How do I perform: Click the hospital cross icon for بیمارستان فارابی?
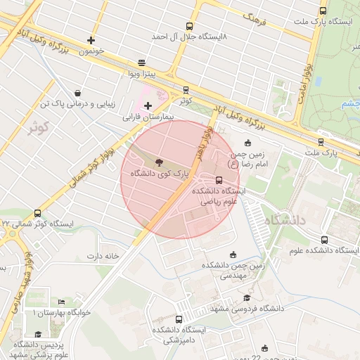(x=148, y=106)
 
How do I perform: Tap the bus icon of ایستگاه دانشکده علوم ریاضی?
(x=219, y=180)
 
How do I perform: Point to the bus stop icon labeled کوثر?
(x=186, y=90)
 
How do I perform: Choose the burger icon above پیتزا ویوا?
(x=142, y=62)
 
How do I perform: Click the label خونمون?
(x=91, y=51)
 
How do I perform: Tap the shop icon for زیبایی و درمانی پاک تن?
(x=77, y=93)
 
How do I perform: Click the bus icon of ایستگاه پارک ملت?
(x=323, y=11)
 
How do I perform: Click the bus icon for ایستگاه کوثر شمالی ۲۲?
(x=37, y=213)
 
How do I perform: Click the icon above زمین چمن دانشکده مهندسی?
(x=233, y=255)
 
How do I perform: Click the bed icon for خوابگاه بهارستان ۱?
(x=60, y=302)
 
